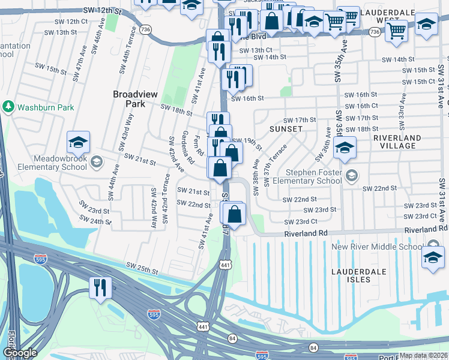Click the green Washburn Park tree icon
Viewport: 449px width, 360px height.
[8, 107]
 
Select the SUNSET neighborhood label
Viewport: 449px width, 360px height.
[286, 129]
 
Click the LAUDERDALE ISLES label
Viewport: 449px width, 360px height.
[358, 272]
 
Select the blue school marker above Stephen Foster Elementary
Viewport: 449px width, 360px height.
[345, 149]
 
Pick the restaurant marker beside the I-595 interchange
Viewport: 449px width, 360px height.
[100, 287]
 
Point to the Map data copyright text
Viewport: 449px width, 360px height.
[424, 355]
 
